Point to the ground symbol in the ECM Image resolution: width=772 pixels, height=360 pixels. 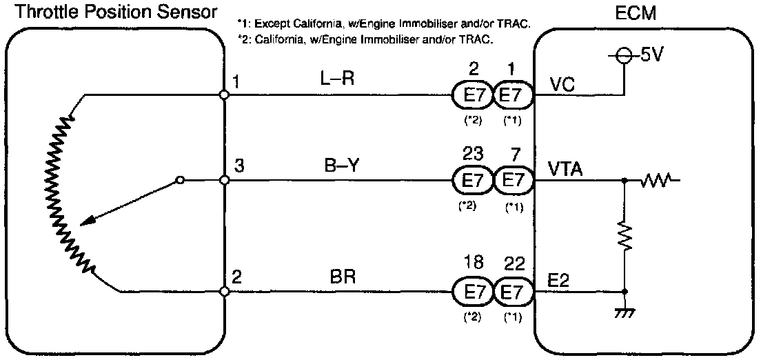pos(624,314)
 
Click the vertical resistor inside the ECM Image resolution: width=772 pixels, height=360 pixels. pos(624,237)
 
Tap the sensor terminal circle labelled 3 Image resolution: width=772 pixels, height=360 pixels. pos(224,181)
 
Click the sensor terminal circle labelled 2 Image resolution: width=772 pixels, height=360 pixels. pos(224,292)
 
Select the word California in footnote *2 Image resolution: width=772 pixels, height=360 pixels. pos(276,39)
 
